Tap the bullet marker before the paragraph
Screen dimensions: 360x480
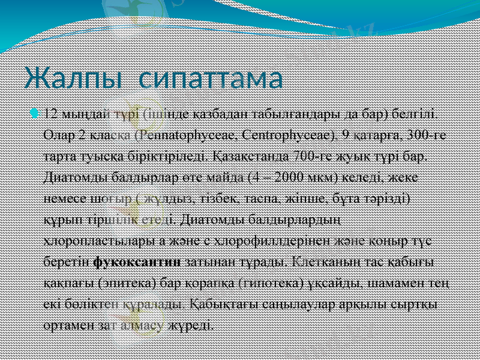[x=38, y=113]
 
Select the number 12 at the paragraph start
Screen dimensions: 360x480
[x=52, y=113]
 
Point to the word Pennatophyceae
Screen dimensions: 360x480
[x=178, y=134]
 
